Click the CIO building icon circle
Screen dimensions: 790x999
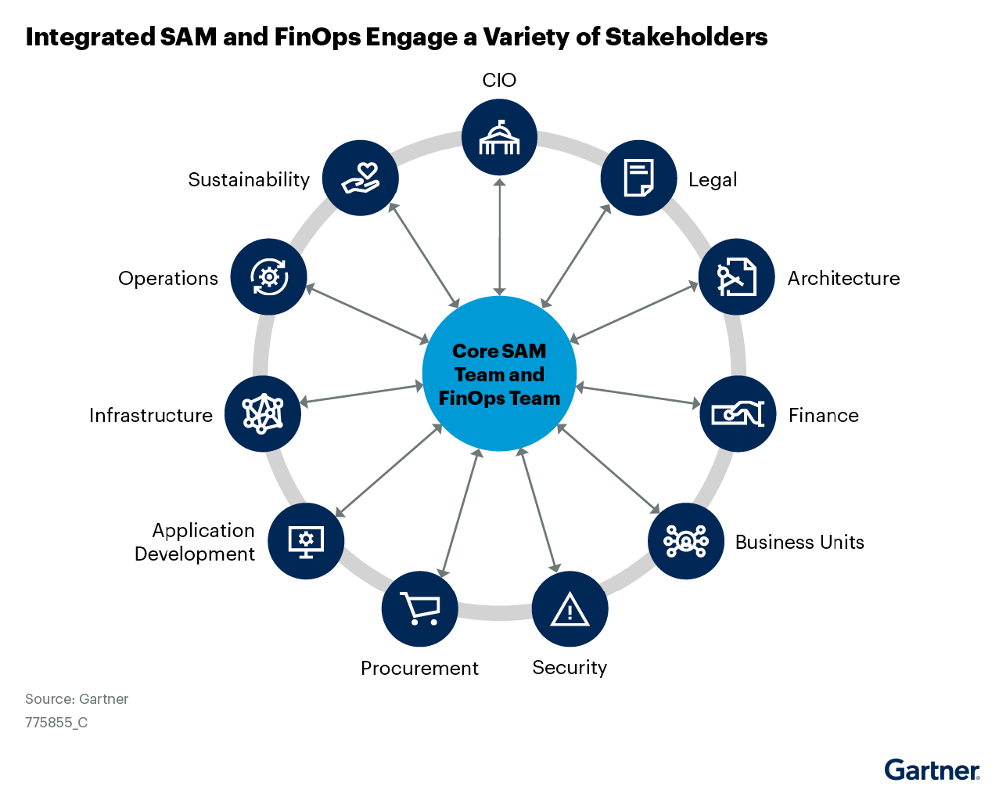[x=499, y=137]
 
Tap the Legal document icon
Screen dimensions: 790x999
[x=638, y=178]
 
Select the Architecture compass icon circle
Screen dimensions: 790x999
[x=736, y=276]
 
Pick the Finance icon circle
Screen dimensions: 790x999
[x=737, y=413]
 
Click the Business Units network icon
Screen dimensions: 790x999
[x=685, y=541]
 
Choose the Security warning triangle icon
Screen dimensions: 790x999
[x=570, y=609]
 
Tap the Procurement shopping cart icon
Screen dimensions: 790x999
[x=419, y=609]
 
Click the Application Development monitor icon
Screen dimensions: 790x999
[x=306, y=541]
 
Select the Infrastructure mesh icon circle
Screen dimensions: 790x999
[x=262, y=413]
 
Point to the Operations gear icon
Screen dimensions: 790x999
[x=268, y=276]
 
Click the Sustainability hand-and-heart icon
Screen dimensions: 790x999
[x=361, y=178]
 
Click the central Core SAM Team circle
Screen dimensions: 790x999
[x=499, y=373]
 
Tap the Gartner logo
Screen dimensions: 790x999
[x=932, y=770]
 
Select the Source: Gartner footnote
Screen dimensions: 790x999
[x=77, y=699]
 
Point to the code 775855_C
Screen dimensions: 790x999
[x=56, y=723]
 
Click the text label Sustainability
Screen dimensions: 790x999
[x=249, y=179]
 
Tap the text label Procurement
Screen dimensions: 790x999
[x=419, y=668]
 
